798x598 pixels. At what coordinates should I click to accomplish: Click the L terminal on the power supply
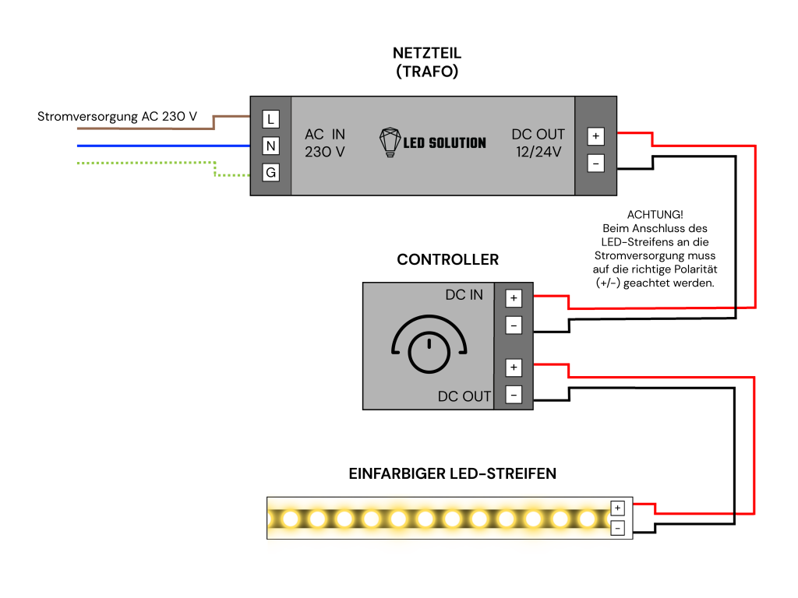[270, 119]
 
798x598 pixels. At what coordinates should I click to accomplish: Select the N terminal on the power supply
[270, 146]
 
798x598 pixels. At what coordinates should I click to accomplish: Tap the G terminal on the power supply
[270, 172]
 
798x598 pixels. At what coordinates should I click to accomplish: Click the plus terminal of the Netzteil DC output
[596, 136]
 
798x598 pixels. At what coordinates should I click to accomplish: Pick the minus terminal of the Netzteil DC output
[596, 164]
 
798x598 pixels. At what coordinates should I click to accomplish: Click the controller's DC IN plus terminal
[514, 298]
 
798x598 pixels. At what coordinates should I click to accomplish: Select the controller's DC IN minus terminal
[514, 325]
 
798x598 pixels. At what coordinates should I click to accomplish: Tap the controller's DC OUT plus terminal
[514, 368]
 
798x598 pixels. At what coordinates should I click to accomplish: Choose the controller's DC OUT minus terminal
[514, 395]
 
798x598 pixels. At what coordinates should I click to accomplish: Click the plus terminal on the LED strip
[618, 508]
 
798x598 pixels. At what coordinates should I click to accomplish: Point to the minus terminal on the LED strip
[618, 529]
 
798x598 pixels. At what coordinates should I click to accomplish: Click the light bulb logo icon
[390, 142]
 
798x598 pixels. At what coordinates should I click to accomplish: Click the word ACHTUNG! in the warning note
[655, 215]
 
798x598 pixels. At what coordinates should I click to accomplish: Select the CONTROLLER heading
[448, 260]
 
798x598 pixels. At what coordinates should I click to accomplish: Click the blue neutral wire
[164, 146]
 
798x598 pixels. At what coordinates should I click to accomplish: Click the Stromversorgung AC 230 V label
[117, 117]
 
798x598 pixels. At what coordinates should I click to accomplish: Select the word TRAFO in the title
[427, 72]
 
